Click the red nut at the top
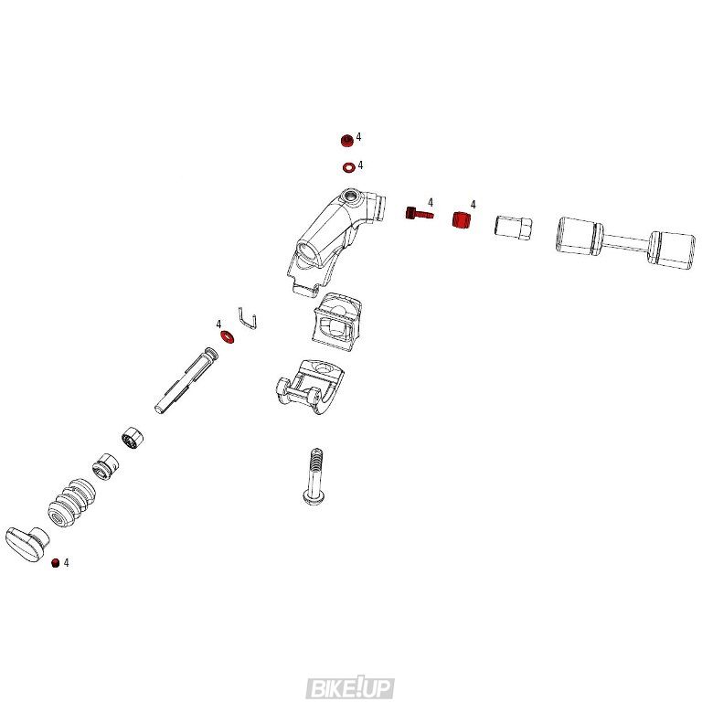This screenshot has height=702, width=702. point(347,141)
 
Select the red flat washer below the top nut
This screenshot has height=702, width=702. point(349,167)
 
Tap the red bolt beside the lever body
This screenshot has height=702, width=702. point(419,213)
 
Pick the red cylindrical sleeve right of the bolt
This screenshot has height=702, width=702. point(462,219)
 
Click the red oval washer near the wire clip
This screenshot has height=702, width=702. point(227,336)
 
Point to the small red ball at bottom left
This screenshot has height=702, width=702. point(56,563)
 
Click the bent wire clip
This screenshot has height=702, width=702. point(248,318)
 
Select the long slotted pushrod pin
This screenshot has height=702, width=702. point(186,379)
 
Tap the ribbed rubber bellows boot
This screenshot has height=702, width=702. point(71,503)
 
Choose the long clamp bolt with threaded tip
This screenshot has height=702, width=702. point(314,475)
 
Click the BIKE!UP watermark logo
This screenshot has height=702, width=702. point(350,688)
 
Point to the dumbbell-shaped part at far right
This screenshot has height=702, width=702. point(625,243)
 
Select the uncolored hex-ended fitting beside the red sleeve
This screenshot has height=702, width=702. point(514,226)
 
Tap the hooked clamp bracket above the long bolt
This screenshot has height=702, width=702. point(309,386)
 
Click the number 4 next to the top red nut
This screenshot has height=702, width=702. point(358,137)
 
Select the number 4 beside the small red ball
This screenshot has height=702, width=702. point(66,563)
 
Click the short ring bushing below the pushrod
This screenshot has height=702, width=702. point(133,438)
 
